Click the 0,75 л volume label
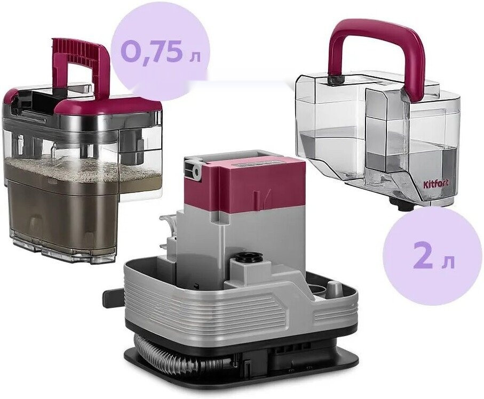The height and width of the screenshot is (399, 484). tap(160, 52)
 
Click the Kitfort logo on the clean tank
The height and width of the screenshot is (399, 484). tap(435, 183)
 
